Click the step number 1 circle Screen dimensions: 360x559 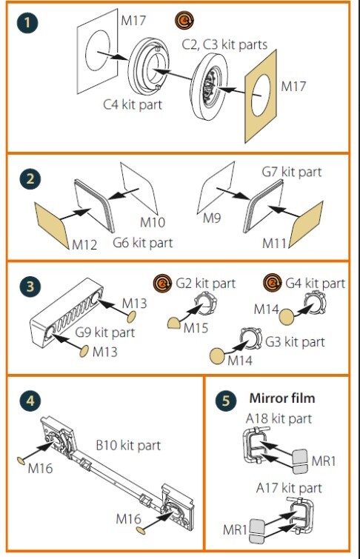[27, 22]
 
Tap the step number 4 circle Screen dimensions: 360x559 [30, 401]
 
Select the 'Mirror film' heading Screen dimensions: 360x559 [282, 398]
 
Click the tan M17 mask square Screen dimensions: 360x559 [261, 96]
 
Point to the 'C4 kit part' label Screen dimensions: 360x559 [133, 104]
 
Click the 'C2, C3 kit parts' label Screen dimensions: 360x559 [224, 44]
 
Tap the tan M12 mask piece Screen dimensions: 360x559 [52, 225]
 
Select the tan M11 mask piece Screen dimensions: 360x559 [306, 224]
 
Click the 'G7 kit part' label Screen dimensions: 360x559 [292, 172]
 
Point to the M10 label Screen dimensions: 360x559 [153, 222]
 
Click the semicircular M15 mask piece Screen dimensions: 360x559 [174, 323]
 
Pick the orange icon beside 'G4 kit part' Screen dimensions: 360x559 [273, 283]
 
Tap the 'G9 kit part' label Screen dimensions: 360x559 [105, 332]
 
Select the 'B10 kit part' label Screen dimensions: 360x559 [128, 445]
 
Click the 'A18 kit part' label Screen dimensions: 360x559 [279, 418]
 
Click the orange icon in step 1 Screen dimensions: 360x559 [184, 20]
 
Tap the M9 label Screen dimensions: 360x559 [212, 218]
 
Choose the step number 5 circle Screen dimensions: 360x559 [226, 400]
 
